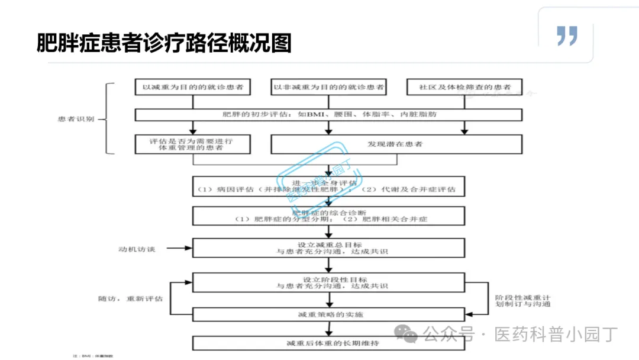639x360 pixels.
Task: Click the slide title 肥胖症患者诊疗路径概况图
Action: coord(164,43)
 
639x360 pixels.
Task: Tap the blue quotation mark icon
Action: coord(566,36)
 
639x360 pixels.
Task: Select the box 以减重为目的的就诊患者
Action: coord(192,87)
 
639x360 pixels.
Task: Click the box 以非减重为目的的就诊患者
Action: coord(328,87)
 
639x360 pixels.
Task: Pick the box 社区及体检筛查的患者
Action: coord(464,87)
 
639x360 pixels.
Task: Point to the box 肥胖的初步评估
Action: coord(328,114)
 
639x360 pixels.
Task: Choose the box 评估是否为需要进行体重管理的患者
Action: coord(192,144)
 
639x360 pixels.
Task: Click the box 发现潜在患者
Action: coord(396,144)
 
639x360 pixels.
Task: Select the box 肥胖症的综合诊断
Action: coord(328,216)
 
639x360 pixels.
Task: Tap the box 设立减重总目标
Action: coord(328,248)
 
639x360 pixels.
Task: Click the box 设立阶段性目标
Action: coord(328,282)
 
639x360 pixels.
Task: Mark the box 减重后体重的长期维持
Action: coord(328,343)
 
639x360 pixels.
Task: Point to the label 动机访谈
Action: coord(137,249)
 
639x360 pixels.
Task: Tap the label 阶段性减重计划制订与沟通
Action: coord(522,300)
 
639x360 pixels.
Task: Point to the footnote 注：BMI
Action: coord(92,356)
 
